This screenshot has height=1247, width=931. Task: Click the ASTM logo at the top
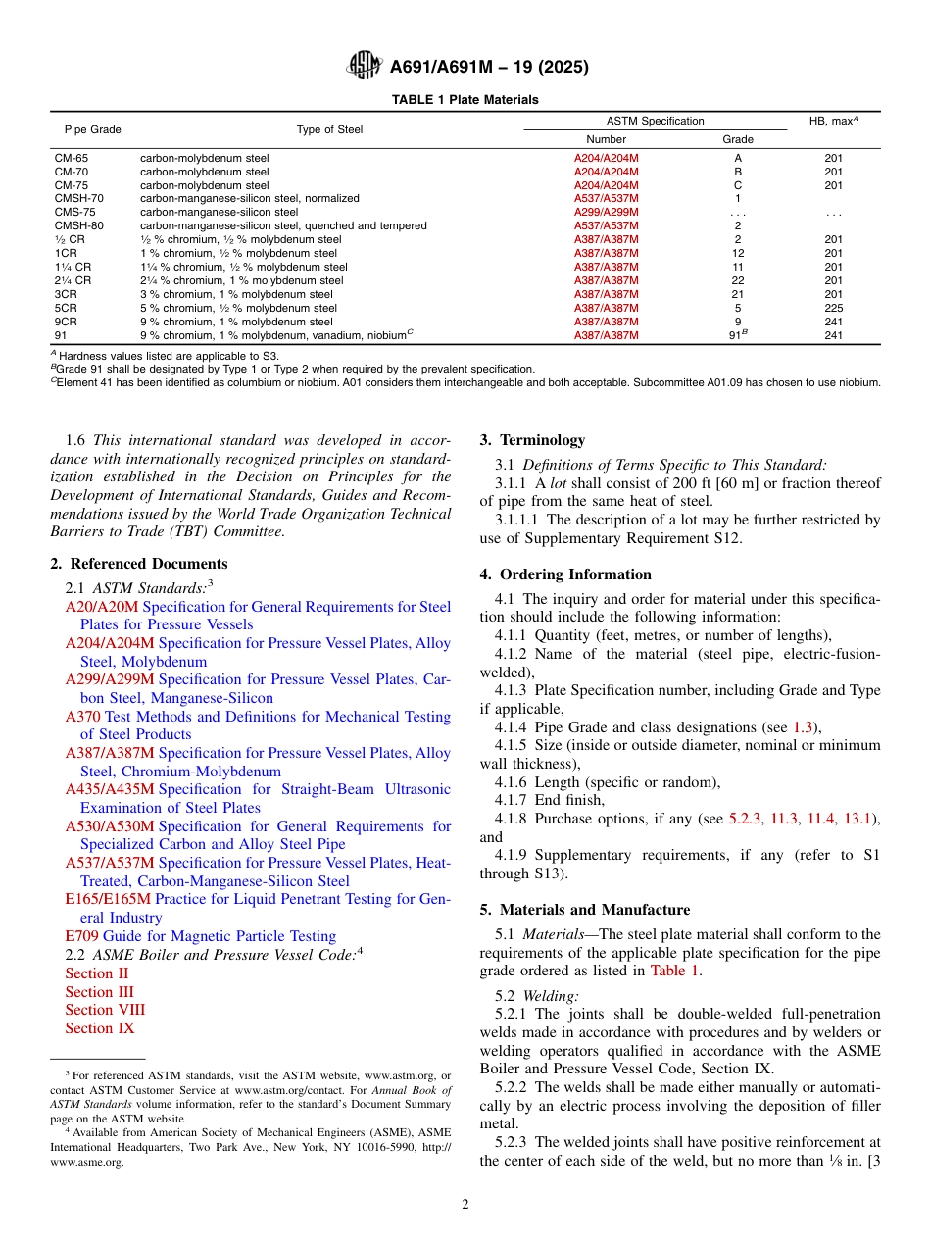(365, 67)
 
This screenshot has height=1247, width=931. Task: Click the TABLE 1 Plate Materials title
(465, 100)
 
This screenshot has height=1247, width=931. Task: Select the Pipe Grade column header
(93, 129)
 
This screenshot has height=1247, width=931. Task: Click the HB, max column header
(834, 121)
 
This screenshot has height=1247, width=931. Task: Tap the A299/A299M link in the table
(606, 212)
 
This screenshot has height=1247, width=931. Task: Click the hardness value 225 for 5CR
(834, 308)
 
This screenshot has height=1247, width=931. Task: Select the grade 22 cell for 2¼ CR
(738, 280)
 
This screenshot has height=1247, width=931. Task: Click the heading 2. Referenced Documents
(139, 564)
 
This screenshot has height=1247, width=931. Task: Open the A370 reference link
(82, 717)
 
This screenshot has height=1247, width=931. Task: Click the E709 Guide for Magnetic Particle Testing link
(200, 936)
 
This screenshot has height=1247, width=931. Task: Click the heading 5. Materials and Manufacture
(584, 910)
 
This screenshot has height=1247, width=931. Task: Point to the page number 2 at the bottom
(465, 1205)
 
